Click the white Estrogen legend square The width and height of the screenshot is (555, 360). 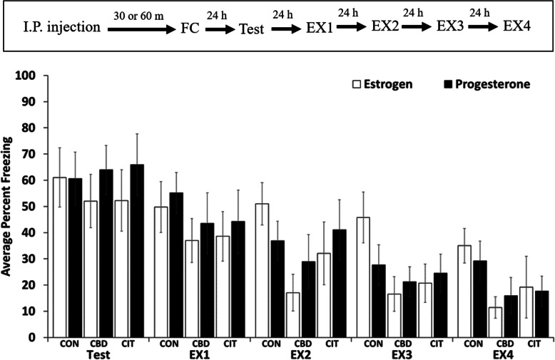pos(357,84)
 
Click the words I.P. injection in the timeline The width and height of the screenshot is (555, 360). pos(52,29)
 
